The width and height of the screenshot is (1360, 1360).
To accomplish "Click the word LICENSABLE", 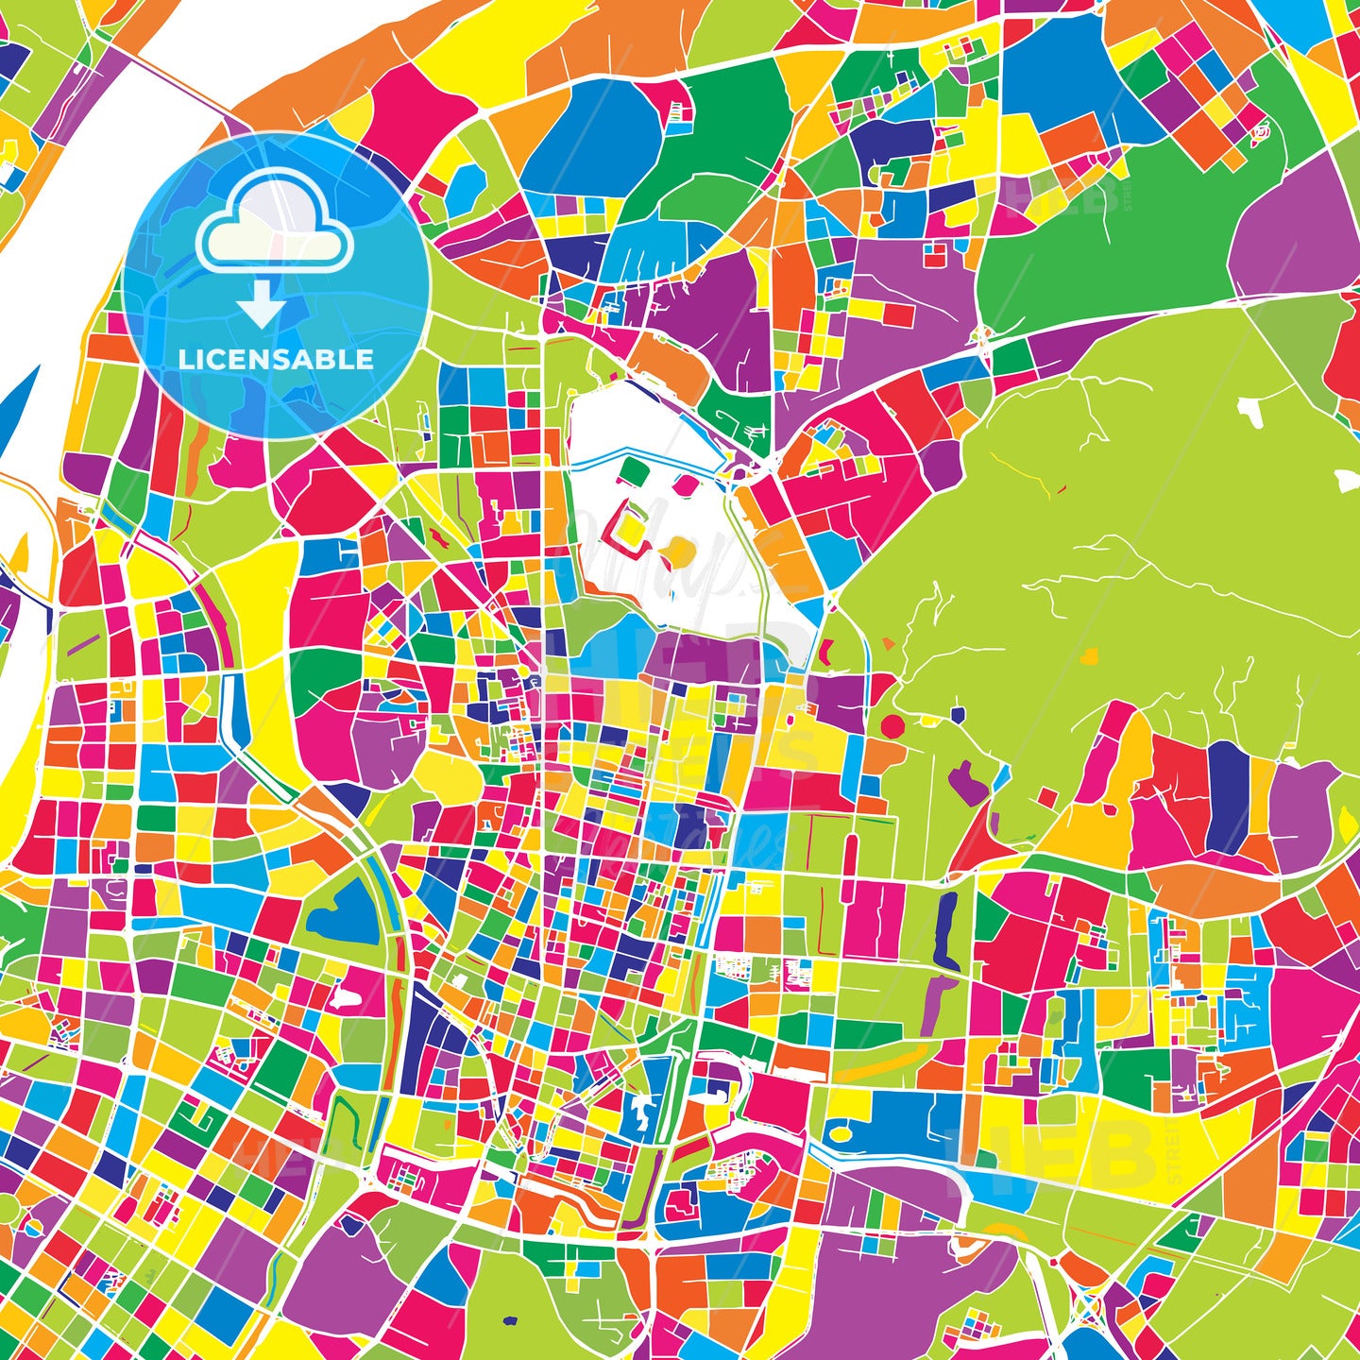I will [276, 360].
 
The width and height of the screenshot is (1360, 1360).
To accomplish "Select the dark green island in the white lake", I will [631, 467].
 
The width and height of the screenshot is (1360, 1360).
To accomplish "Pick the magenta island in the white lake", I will [685, 484].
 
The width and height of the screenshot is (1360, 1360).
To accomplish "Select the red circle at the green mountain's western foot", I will [892, 726].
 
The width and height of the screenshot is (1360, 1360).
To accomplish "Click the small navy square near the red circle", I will [958, 714].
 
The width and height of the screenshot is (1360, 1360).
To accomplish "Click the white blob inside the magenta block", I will [347, 997].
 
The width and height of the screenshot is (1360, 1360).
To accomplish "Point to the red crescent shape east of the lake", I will [829, 650].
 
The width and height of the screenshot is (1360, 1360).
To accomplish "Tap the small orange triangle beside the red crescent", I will [889, 644].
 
